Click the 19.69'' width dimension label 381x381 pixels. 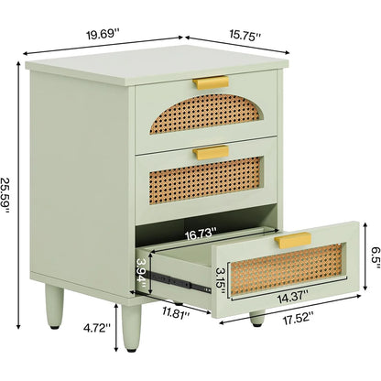(x=103, y=33)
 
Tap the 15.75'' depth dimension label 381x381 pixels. (x=245, y=34)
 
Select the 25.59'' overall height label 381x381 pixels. (x=5, y=194)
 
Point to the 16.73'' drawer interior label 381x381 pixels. (x=201, y=234)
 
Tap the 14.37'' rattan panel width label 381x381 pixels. (x=292, y=297)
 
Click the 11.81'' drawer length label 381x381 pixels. (x=176, y=312)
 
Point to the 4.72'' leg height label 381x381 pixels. (x=97, y=328)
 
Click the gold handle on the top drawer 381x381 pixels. (x=211, y=82)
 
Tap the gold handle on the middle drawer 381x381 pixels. (x=211, y=152)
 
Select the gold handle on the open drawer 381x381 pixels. (x=293, y=240)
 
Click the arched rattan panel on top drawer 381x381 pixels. (x=205, y=114)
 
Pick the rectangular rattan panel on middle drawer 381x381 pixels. (x=206, y=180)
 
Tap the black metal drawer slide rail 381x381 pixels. (x=179, y=282)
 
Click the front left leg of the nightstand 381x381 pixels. (x=132, y=328)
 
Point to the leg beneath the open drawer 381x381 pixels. (x=257, y=319)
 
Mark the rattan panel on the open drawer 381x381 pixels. (x=287, y=269)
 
